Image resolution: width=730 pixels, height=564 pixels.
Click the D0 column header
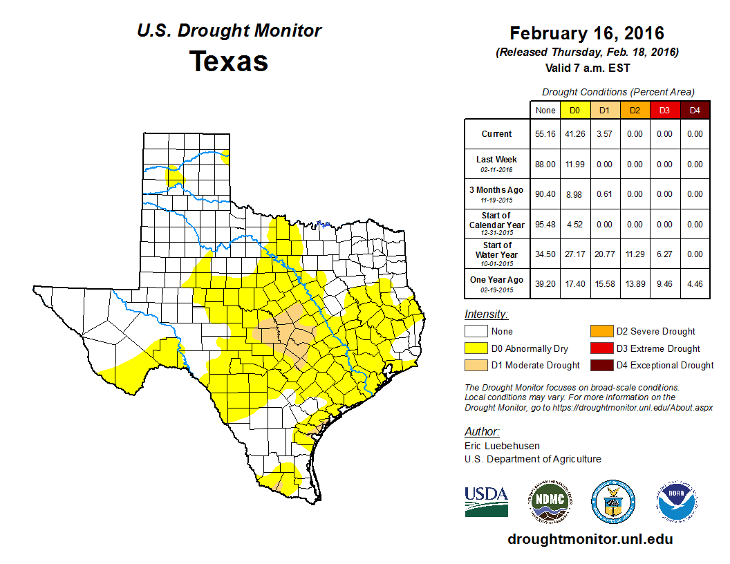574,110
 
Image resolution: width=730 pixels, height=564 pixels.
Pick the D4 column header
695,110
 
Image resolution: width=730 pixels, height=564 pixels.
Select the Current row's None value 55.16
545,134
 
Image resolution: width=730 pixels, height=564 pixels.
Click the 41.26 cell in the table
574,134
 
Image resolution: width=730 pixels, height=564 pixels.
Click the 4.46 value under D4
695,283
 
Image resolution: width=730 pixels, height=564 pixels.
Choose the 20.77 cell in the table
604,254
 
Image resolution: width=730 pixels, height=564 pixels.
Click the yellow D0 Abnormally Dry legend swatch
476,348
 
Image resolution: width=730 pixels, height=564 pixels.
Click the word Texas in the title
229,61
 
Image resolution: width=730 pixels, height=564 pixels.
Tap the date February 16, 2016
587,33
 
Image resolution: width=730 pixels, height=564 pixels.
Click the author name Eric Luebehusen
503,446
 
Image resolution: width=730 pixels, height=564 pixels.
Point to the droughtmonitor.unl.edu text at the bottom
590,539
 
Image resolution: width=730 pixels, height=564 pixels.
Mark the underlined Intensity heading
486,314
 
